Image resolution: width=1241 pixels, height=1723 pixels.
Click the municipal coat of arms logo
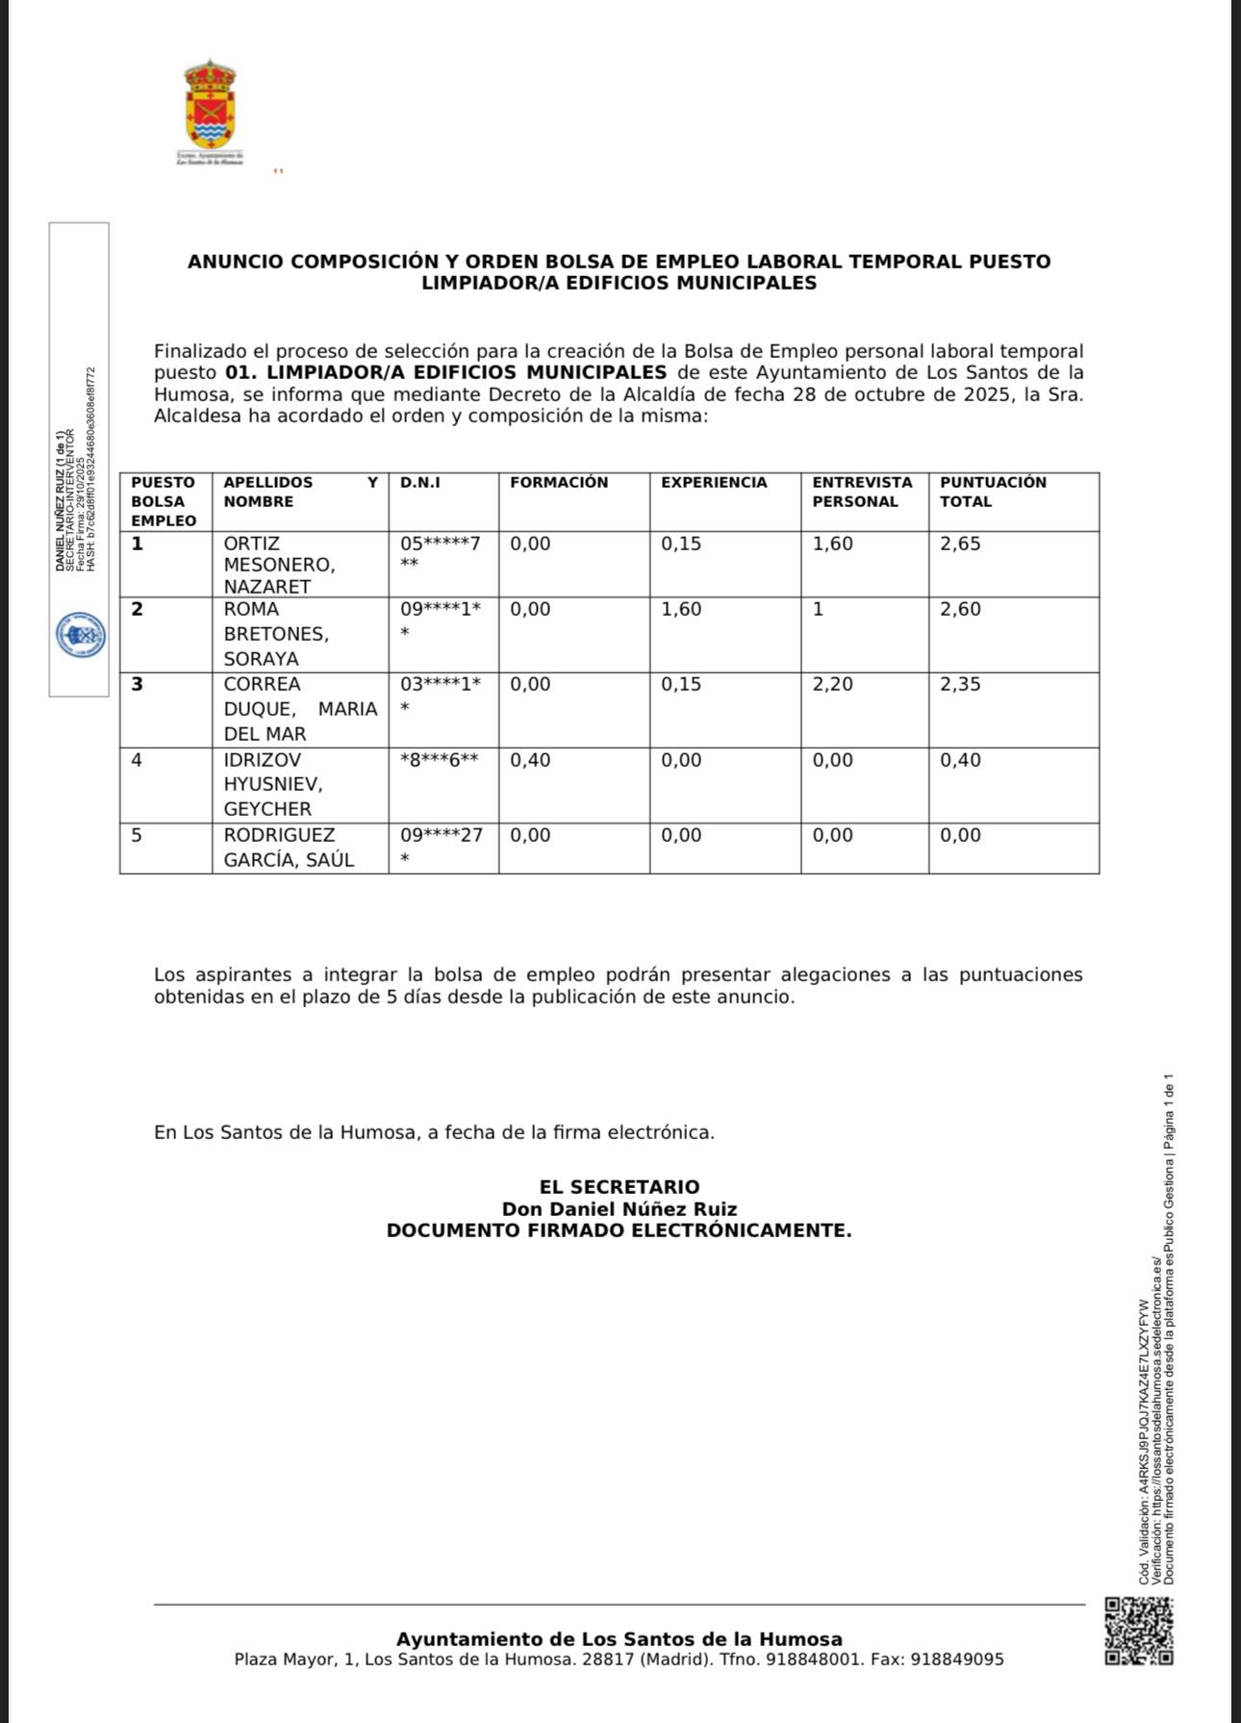[210, 108]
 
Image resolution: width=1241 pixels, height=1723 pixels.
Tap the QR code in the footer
[1139, 1632]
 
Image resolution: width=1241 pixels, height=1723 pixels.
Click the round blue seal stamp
[80, 636]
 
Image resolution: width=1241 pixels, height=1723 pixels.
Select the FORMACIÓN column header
[559, 482]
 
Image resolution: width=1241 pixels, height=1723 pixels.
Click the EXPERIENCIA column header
[714, 482]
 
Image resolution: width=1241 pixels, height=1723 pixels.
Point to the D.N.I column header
[420, 482]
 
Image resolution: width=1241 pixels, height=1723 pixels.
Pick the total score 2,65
[960, 544]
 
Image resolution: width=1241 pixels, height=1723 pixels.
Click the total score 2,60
[960, 609]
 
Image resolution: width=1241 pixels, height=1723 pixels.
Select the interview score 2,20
[833, 684]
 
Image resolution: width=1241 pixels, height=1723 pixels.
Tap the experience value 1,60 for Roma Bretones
[681, 609]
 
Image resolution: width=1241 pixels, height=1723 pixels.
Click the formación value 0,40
[530, 760]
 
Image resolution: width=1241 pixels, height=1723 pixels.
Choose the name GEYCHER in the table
[267, 809]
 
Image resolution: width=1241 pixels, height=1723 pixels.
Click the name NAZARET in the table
[267, 587]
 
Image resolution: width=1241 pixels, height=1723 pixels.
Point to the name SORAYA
[262, 659]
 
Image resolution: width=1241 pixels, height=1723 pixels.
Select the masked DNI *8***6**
[440, 760]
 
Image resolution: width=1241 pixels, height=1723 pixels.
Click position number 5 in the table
[137, 835]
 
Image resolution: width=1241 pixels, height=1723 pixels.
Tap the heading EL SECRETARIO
[620, 1187]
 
